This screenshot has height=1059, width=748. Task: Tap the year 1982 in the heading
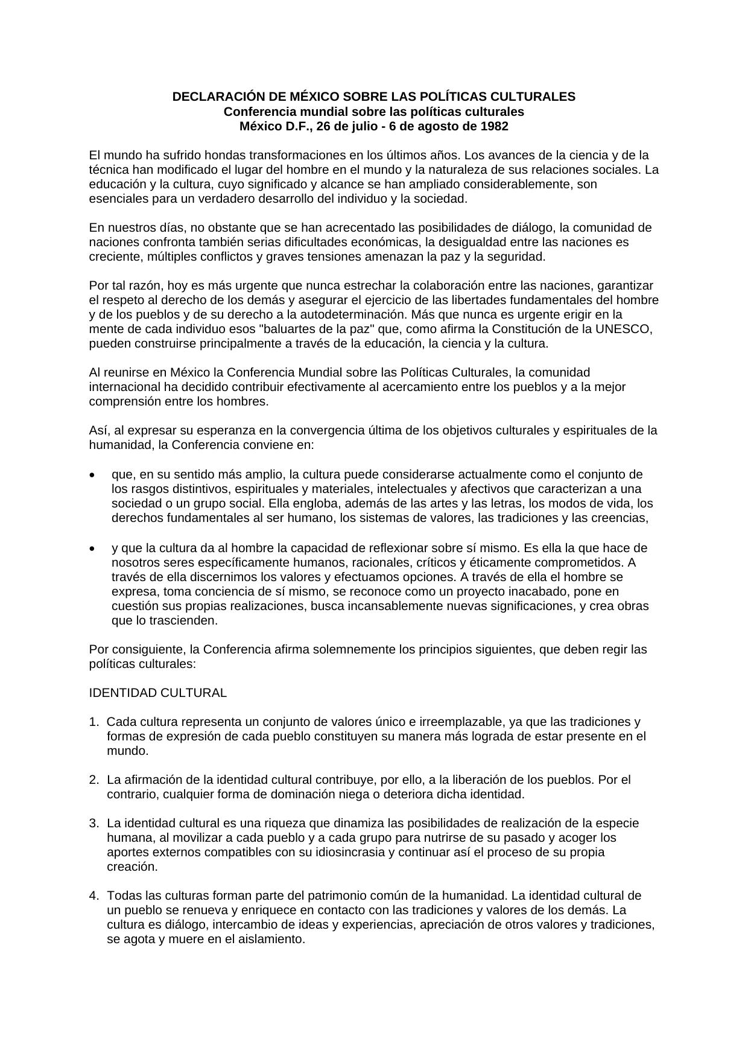(x=495, y=126)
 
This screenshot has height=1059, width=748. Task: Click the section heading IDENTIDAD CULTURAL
(x=158, y=693)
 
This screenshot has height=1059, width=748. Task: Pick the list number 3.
(x=93, y=823)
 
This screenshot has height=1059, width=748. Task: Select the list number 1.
(x=93, y=722)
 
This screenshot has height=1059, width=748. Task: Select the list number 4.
(x=93, y=895)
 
